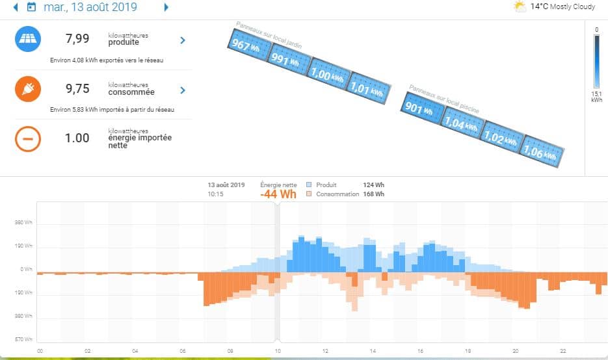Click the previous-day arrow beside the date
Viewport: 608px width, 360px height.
16,8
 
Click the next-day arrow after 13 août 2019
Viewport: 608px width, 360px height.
166,8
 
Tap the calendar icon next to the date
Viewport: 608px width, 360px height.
31,8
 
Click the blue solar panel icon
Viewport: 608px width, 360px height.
28,40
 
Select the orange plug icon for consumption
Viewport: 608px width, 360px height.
28,89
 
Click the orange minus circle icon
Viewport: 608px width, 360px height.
28,138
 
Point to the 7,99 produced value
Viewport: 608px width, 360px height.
77,40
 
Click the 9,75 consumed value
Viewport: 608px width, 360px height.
77,89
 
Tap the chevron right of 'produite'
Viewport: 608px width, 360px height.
183,40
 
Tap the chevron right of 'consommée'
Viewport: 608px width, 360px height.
183,90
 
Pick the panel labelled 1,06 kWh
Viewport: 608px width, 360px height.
544,152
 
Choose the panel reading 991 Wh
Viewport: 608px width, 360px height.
287,60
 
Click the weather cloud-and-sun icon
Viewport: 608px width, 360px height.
520,7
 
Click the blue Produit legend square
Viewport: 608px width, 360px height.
310,185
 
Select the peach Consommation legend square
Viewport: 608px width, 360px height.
310,194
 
